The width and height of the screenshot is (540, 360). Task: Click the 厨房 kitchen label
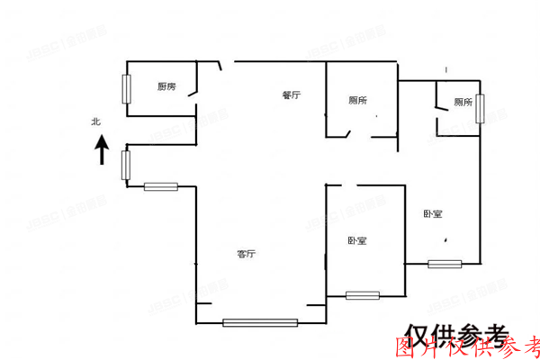coord(166,86)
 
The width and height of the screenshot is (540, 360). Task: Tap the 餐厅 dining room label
coord(290,95)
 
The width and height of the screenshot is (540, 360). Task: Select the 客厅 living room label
coord(247,254)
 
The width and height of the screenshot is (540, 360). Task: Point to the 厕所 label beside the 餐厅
coord(357,101)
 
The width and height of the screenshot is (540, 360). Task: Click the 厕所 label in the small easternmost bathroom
coord(463,103)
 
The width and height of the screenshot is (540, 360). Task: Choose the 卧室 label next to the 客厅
coord(356,241)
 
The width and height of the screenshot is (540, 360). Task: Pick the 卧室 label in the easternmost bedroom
coord(432,214)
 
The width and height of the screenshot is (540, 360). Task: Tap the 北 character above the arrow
coord(95,121)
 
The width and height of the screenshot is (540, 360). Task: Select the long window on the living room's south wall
coord(260,322)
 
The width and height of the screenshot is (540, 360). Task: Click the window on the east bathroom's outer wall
coord(481,107)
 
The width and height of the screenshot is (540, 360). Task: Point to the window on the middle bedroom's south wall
coord(362,294)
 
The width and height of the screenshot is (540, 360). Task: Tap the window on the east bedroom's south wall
coord(445,264)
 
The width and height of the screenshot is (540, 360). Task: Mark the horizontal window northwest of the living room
coord(161,187)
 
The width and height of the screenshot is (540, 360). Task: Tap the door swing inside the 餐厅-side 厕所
coord(347,132)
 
